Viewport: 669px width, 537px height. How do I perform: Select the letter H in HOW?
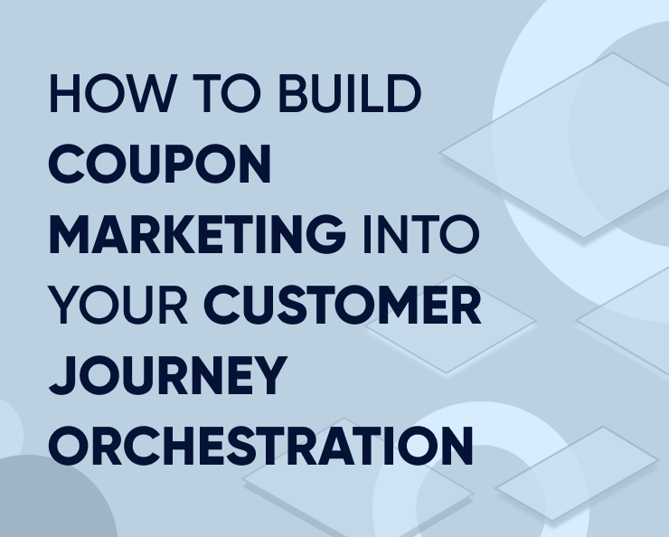pyautogui.click(x=64, y=94)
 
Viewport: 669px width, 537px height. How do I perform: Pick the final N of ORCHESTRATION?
pyautogui.click(x=456, y=447)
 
